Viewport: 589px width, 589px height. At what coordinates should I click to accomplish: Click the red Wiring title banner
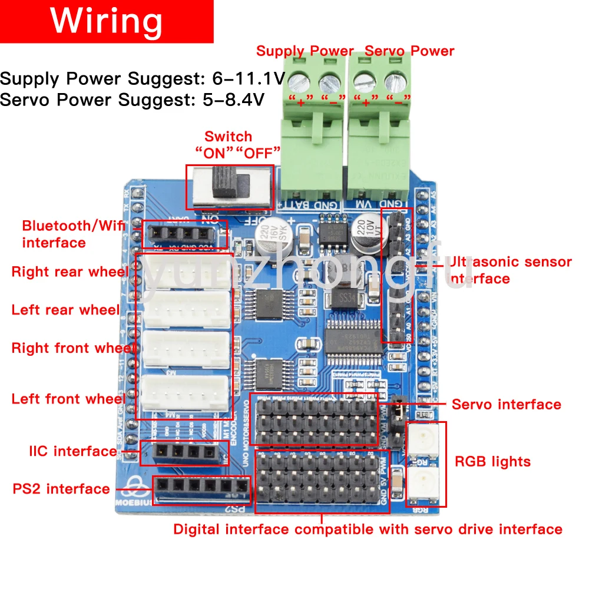pyautogui.click(x=107, y=21)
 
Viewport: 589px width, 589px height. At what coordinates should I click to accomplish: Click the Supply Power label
pyautogui.click(x=305, y=51)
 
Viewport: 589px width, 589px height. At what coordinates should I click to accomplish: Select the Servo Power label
pyautogui.click(x=409, y=51)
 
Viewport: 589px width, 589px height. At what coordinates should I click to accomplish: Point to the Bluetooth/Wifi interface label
pyautogui.click(x=65, y=234)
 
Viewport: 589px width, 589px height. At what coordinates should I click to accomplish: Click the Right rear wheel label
pyautogui.click(x=70, y=272)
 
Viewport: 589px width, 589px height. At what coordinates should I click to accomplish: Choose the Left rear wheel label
pyautogui.click(x=65, y=310)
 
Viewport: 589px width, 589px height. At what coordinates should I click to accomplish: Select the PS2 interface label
pyautogui.click(x=61, y=489)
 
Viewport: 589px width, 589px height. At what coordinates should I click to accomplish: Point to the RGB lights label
pyautogui.click(x=492, y=461)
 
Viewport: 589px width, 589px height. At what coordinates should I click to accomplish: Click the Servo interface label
pyautogui.click(x=506, y=405)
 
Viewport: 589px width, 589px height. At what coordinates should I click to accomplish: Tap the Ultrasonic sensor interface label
pyautogui.click(x=510, y=270)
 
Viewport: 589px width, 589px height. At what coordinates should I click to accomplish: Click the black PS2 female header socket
pyautogui.click(x=201, y=487)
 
